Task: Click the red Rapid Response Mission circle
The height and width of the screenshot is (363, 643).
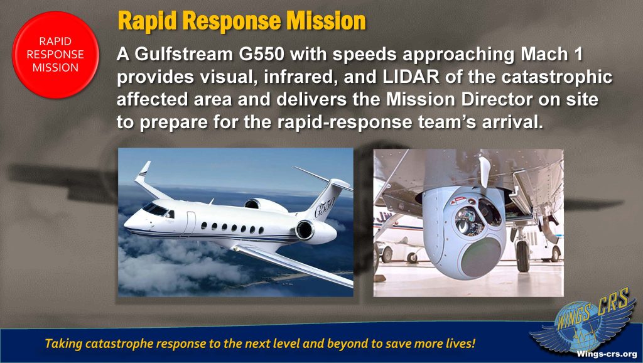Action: click(x=55, y=55)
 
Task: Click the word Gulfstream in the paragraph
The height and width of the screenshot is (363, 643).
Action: click(x=183, y=55)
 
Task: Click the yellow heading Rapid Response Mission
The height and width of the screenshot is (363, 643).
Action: click(x=242, y=21)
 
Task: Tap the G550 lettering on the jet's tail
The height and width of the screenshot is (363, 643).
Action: click(x=325, y=207)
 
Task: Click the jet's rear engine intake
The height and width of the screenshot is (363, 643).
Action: click(x=304, y=230)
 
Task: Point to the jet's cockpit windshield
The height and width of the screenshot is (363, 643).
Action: click(x=155, y=209)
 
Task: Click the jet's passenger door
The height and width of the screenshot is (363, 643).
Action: click(x=190, y=223)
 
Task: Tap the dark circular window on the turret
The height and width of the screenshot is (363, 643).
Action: click(x=482, y=257)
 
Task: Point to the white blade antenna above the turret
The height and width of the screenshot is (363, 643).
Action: click(x=485, y=171)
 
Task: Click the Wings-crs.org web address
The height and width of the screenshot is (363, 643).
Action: click(x=606, y=354)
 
